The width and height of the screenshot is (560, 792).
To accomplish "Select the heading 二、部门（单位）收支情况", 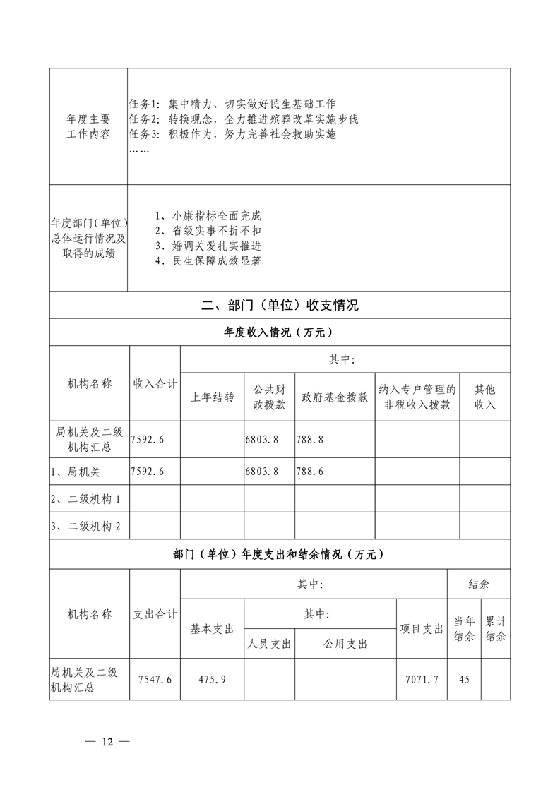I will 280,305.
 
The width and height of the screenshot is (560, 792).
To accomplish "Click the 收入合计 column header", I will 155,383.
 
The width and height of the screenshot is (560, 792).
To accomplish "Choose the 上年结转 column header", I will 212,397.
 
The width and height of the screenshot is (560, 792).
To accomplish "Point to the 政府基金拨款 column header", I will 335,397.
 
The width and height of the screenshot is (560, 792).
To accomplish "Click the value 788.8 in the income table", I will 310,439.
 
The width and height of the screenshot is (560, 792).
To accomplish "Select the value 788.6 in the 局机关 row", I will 310,471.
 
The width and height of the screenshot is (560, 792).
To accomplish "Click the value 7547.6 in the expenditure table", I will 156,679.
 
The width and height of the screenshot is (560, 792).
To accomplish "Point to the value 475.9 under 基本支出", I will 212,679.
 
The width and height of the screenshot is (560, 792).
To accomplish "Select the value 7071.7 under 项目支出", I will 421,679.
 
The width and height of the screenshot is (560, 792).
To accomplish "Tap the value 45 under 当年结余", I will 464,679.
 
